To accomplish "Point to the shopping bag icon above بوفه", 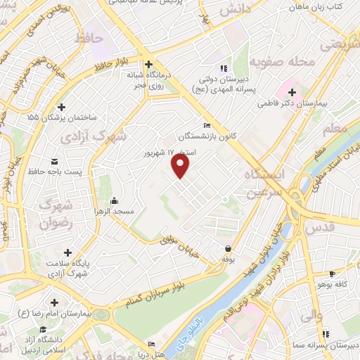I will pos(229,249).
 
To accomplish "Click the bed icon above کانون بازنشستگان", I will pos(206,125).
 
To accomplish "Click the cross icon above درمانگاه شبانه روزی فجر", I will pos(148,63).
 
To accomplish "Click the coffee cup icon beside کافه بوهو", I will pos(333,274).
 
